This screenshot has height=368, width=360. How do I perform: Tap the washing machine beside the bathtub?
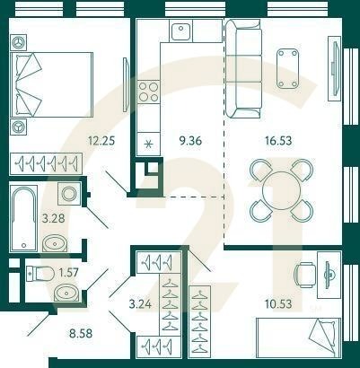pyautogui.click(x=67, y=194)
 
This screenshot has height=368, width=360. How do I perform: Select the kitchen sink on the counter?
pyautogui.click(x=180, y=31)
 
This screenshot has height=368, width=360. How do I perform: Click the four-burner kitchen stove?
pyautogui.click(x=148, y=92)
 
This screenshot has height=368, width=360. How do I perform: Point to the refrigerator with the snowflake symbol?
pyautogui.click(x=148, y=143)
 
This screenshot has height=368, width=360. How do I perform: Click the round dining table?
pyautogui.click(x=280, y=189)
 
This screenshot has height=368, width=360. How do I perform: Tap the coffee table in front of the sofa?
pyautogui.click(x=288, y=68)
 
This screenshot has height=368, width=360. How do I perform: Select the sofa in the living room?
pyautogui.click(x=241, y=68)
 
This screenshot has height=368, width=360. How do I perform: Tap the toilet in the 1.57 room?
pyautogui.click(x=42, y=273)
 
